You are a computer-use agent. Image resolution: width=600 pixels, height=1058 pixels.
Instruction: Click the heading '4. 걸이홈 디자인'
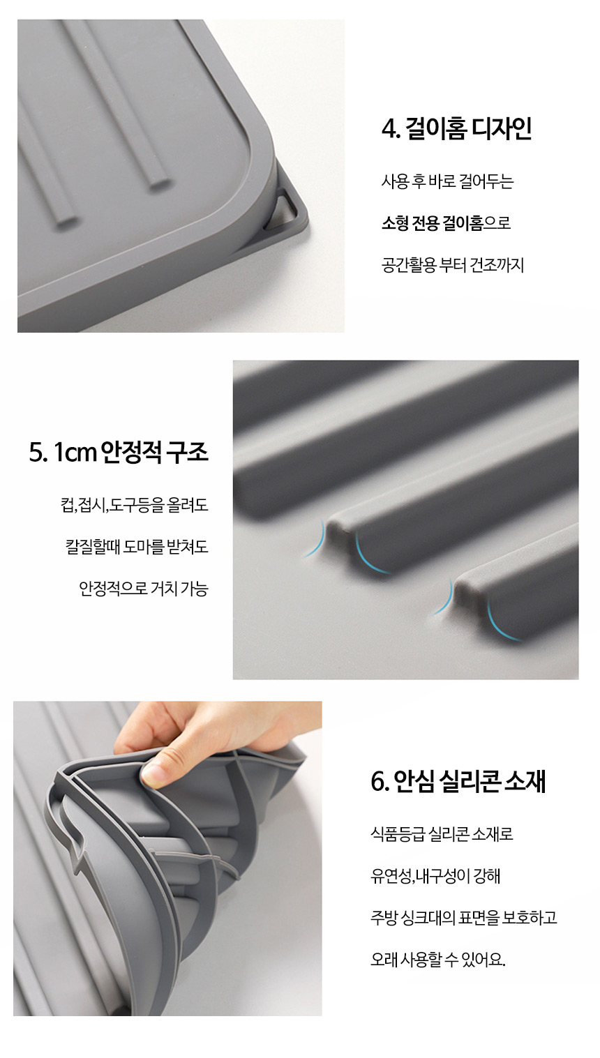coord(456,128)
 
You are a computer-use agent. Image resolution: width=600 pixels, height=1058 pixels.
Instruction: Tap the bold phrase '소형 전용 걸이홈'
coord(433,223)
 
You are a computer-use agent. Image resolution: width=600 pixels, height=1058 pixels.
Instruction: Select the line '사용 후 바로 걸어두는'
coord(447,181)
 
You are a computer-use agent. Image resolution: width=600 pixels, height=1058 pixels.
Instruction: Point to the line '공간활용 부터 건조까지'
coord(453,265)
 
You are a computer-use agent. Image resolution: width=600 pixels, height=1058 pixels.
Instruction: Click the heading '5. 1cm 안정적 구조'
coord(119,452)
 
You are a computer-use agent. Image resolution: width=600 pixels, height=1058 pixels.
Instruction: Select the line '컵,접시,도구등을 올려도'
coord(135,505)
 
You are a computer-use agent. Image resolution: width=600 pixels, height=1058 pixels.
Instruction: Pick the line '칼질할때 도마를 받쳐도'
coord(137,547)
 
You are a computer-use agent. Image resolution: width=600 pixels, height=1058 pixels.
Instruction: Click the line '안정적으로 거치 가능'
coord(144,589)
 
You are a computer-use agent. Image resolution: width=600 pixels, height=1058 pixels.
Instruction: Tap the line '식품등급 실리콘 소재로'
coord(442,833)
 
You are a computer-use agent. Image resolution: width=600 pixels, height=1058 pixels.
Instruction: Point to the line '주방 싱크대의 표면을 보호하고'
coord(464,917)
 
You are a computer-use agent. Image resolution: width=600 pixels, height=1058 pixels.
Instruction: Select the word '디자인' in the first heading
coord(502,128)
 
